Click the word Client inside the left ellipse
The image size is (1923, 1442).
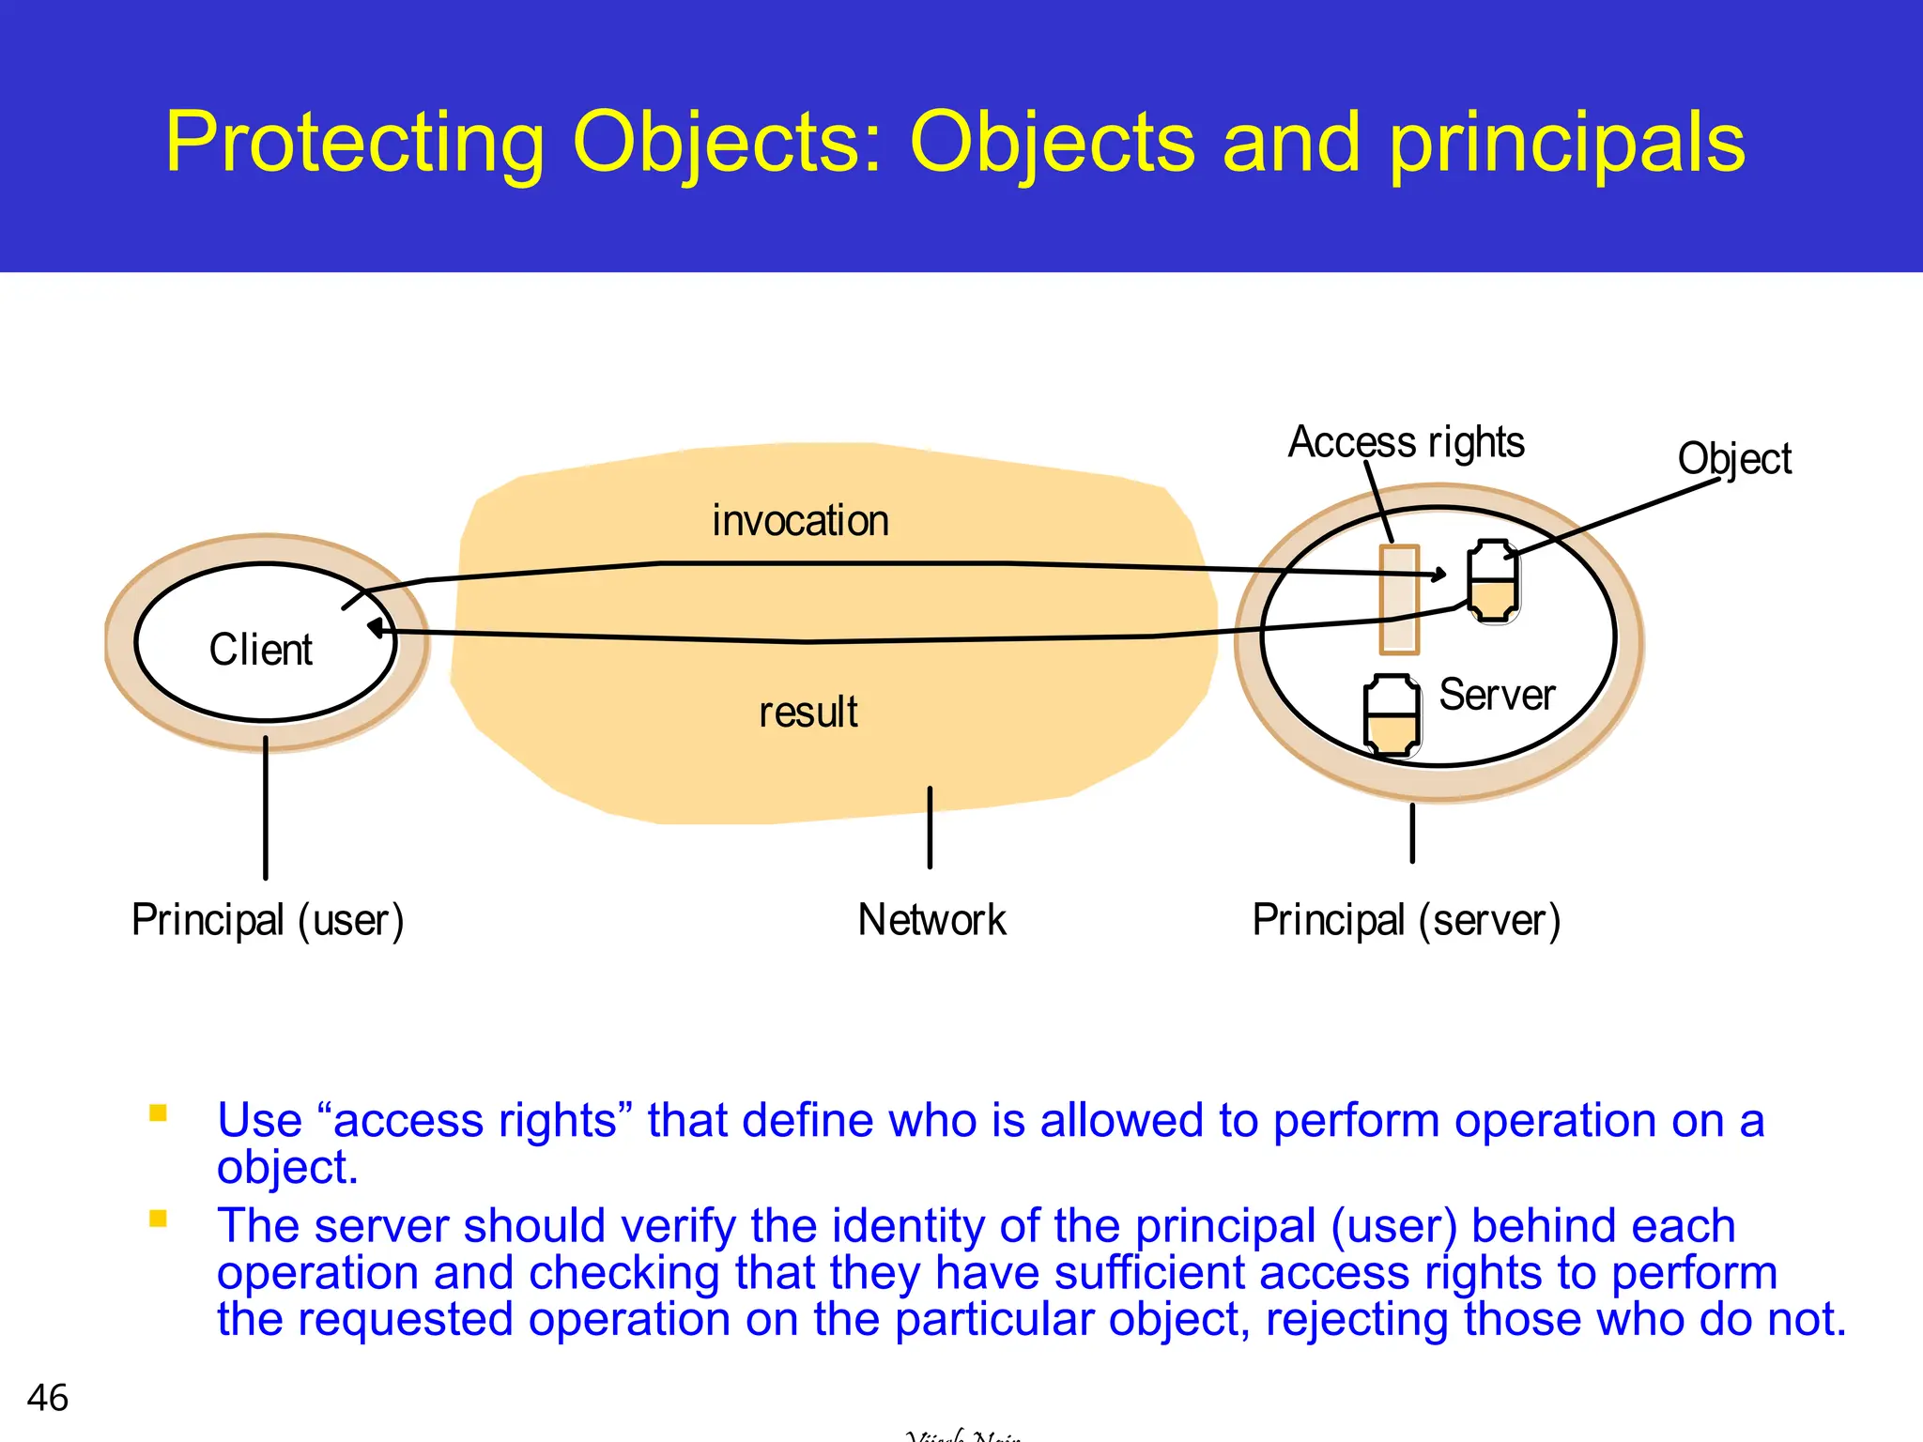260,650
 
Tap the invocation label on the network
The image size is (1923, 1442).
800,521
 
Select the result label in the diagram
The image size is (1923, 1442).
808,712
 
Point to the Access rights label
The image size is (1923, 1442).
1406,442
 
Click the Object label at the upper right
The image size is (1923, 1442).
1733,459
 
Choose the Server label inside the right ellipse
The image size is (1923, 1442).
1497,696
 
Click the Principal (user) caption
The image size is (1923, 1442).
268,920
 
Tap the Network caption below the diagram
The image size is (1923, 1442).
931,920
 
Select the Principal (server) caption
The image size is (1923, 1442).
1406,920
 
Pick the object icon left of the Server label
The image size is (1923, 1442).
1392,715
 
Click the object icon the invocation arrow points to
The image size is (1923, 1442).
1493,581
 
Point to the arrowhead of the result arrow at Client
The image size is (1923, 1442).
376,628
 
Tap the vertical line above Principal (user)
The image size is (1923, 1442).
266,807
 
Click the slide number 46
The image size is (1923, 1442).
48,1398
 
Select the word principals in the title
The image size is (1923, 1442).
1566,143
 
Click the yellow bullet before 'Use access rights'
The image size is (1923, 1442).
158,1113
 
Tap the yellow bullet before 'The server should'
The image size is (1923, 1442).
158,1219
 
